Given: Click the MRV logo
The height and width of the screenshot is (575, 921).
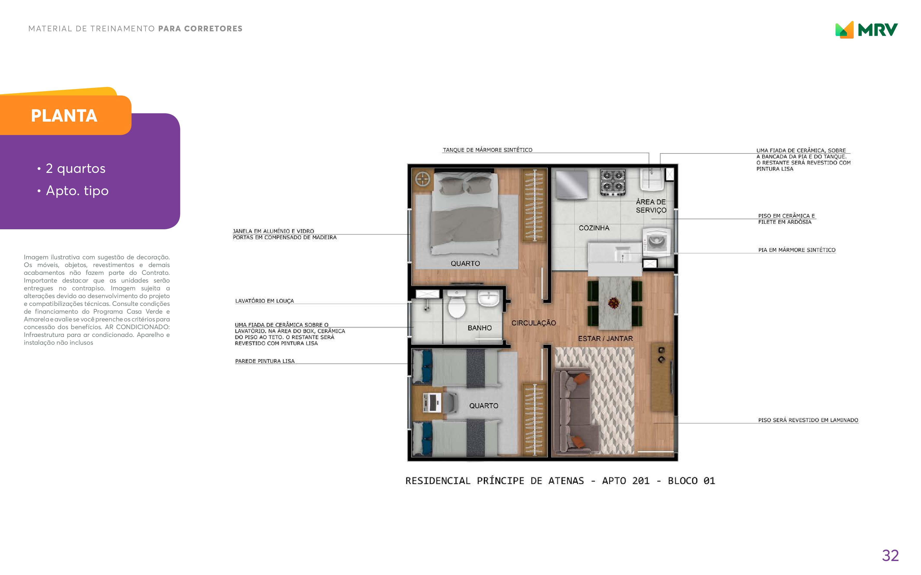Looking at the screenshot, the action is (866, 30).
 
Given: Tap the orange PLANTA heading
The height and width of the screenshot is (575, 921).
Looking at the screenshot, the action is (64, 116).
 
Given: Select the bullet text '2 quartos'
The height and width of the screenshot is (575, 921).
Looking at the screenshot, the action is (75, 168).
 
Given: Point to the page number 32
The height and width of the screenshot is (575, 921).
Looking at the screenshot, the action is (890, 556).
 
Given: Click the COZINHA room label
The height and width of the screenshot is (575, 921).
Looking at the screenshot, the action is (594, 228).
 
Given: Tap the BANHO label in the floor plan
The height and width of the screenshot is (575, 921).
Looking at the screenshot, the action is (479, 328).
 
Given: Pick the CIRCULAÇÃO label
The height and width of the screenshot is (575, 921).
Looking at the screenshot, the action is (534, 323).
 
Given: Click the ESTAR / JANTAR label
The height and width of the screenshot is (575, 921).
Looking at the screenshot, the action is (605, 338).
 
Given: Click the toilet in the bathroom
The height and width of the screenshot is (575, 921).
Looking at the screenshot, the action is (457, 304).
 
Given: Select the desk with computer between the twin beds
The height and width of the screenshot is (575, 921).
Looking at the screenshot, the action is (433, 403).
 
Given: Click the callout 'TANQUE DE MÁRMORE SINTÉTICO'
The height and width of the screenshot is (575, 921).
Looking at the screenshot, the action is (487, 150).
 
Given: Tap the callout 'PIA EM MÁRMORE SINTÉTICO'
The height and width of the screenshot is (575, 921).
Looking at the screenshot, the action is (796, 250).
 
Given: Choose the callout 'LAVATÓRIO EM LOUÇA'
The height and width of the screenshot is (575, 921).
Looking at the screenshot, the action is (264, 301).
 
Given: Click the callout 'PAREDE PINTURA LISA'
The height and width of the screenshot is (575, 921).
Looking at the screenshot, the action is (265, 361).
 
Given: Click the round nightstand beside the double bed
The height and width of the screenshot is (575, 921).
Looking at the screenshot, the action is (422, 178).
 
